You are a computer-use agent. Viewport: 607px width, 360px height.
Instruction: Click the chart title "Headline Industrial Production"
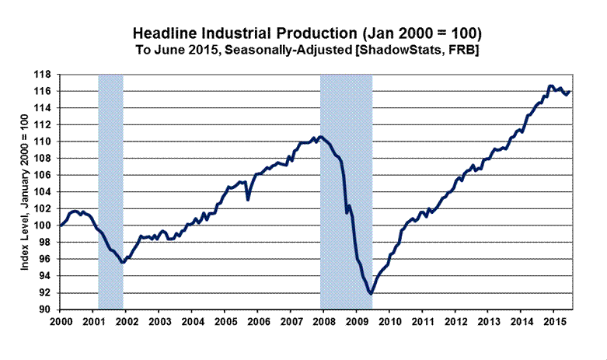coord(307,34)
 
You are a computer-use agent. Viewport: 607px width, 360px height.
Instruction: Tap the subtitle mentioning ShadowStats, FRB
coord(307,50)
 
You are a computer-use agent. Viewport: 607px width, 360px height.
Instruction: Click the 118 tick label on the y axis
coord(46,75)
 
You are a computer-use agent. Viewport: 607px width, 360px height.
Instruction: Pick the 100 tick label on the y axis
coord(46,225)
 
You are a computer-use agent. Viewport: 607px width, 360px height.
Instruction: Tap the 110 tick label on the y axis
coord(46,142)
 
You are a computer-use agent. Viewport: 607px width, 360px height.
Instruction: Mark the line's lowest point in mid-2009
coord(371,294)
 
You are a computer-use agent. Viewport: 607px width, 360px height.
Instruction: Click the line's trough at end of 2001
coord(123,263)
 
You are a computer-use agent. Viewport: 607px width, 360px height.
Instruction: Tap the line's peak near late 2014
coord(550,86)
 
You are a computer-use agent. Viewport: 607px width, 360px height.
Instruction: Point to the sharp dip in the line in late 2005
coord(248,200)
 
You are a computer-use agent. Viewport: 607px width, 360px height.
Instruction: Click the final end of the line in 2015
coord(570,92)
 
